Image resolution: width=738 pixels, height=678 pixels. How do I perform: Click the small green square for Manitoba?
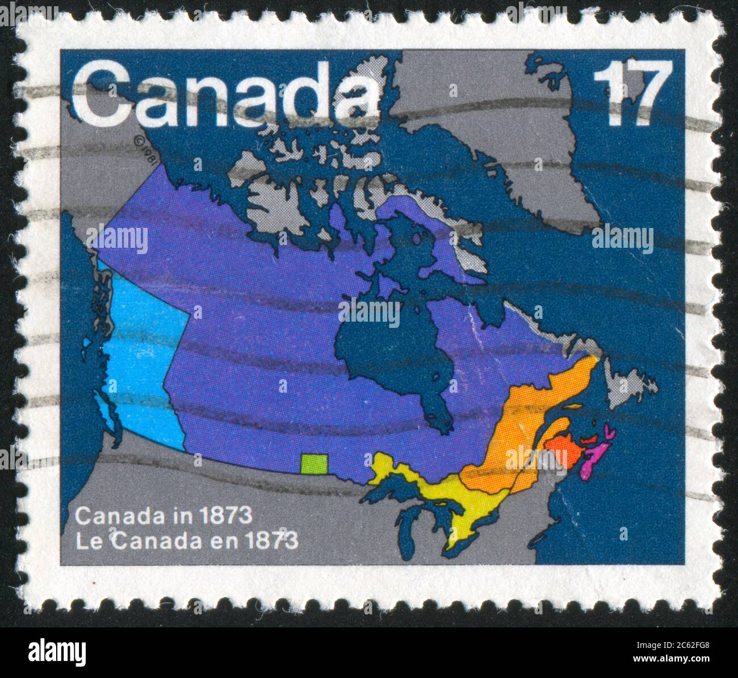pos(315,464)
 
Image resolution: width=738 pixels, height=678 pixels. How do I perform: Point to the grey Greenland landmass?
pos(511,142)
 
